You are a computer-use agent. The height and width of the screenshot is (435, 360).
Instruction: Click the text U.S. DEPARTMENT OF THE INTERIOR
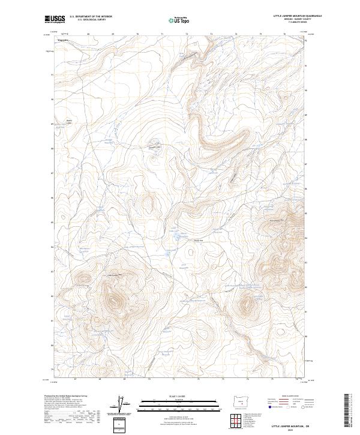click(x=91, y=16)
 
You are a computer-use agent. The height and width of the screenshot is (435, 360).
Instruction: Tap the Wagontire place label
click(x=63, y=40)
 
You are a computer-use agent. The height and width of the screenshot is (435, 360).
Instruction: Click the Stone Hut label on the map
click(x=198, y=242)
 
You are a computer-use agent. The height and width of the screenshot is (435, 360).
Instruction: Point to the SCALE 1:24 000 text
click(x=180, y=397)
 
